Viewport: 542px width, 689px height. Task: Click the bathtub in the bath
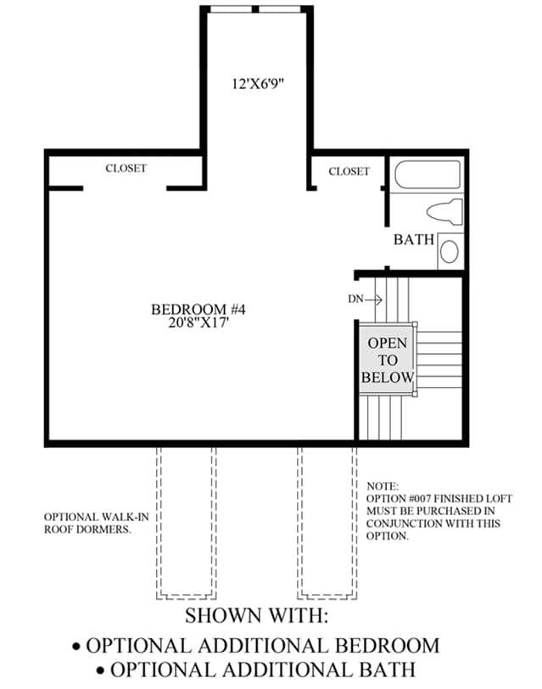427,175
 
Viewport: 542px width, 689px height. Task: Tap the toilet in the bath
444,212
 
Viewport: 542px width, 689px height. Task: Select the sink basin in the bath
449,251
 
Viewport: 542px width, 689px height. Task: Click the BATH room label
413,239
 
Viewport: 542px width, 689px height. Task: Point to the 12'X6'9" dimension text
258,83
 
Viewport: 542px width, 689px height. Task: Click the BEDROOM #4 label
198,310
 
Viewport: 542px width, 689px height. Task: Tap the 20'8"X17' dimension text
198,323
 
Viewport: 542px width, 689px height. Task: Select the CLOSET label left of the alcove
126,168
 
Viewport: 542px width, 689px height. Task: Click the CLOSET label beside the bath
349,171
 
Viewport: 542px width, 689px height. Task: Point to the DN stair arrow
374,300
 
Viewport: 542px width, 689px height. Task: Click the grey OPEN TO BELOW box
387,360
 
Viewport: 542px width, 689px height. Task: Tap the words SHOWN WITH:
256,616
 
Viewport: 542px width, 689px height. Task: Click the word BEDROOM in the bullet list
387,646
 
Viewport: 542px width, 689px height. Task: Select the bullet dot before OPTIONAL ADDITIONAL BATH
102,671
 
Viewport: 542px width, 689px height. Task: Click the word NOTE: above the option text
383,486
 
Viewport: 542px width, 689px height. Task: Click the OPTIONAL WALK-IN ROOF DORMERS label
96,523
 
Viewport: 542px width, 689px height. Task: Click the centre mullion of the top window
255,8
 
